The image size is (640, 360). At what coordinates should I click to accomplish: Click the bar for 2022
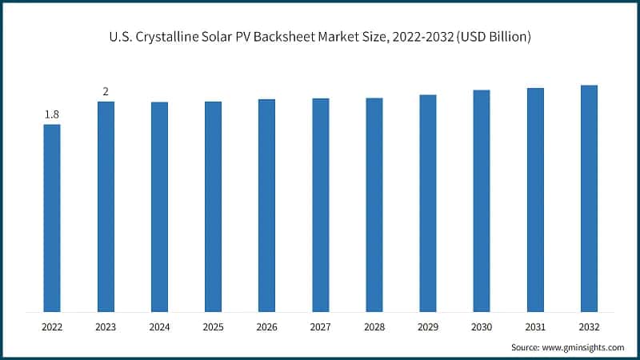52,218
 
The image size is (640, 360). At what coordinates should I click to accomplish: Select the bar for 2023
106,206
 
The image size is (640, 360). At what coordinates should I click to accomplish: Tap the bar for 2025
213,206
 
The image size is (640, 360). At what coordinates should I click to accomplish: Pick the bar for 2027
320,205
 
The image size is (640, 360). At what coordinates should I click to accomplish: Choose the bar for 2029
428,203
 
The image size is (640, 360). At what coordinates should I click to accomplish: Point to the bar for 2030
482,201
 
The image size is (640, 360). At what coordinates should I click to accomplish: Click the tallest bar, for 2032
589,198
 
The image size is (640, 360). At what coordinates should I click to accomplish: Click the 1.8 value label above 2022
52,114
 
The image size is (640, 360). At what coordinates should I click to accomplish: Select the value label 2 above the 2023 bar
106,92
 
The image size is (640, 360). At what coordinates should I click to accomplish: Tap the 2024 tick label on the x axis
159,327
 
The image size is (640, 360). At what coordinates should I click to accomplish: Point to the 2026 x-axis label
266,327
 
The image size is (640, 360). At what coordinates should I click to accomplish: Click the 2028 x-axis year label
374,327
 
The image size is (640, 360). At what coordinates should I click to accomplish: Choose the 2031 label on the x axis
535,327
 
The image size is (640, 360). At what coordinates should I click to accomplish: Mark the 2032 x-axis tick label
589,327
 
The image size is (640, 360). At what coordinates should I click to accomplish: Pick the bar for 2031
535,200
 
